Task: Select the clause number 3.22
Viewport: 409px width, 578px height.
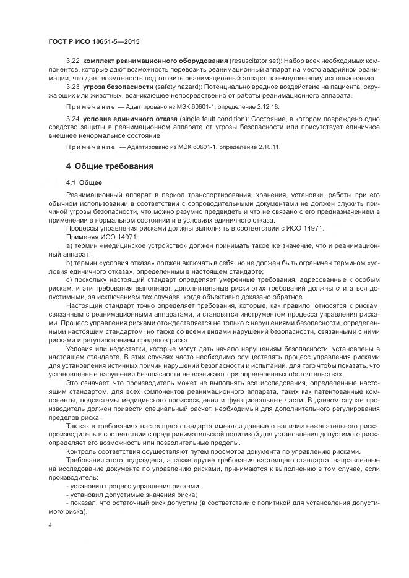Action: click(72, 62)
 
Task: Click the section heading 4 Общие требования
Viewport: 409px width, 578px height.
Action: click(110, 166)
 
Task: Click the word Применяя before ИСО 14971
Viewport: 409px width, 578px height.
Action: click(81, 237)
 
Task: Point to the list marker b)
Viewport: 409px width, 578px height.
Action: click(69, 263)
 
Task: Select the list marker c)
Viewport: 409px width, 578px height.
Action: click(69, 280)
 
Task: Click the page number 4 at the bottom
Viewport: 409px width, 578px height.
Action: click(50, 525)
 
